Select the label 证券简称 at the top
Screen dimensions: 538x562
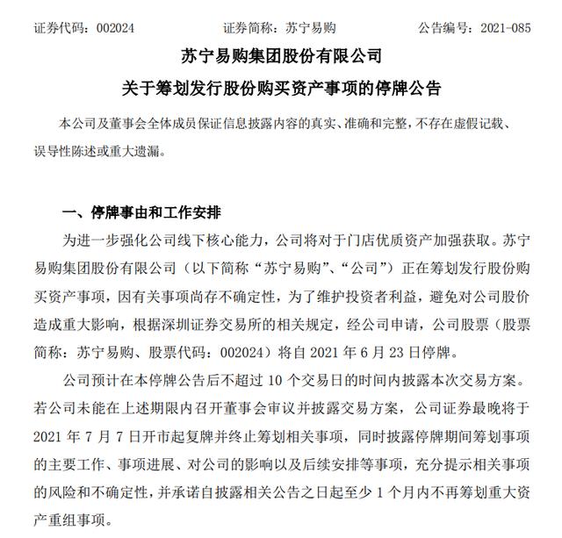[250, 26]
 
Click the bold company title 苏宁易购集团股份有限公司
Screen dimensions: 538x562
[281, 58]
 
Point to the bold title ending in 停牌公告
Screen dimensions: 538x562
[281, 89]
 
